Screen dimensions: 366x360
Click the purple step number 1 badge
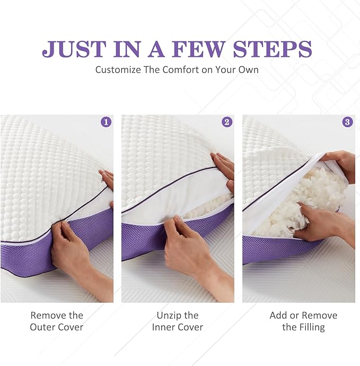[x=106, y=122]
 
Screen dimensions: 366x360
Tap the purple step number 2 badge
[x=227, y=122]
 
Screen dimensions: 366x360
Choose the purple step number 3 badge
[x=348, y=122]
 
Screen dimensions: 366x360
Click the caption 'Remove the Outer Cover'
[x=57, y=321]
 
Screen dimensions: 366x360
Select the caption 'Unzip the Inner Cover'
[x=178, y=321]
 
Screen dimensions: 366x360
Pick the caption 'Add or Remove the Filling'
[x=303, y=321]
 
